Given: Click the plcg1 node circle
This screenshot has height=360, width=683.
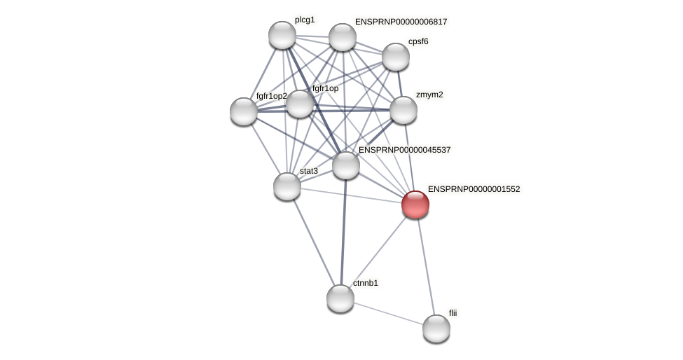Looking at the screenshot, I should pos(282,35).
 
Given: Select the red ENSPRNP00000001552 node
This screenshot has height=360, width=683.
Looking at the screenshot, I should pos(415,205).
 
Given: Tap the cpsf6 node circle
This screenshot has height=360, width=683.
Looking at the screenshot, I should pos(396,57).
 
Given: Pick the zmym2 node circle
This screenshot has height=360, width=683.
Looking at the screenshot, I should pos(403,110).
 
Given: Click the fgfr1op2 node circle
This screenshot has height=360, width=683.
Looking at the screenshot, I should pos(244,111).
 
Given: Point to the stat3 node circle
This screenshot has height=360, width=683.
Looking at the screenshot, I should pos(287,186).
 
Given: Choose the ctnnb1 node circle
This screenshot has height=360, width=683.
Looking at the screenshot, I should pos(340,298).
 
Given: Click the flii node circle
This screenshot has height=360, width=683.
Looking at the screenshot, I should pos(436,328).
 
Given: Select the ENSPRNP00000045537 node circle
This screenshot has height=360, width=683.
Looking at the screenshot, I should pos(346,165).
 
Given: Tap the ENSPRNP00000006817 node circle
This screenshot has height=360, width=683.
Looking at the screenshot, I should pos(343,37).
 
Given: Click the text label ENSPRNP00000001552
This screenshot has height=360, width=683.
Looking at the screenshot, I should pos(474,189).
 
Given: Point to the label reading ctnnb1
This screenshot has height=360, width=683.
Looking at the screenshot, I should pos(365,283).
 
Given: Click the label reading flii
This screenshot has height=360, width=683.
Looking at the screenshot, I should pos(453,313).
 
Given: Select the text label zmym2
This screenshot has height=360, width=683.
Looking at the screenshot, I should pos(429,95).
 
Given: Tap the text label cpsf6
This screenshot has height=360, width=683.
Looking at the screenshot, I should pos(418,41).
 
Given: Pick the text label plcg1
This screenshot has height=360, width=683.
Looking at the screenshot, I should pos(305,20).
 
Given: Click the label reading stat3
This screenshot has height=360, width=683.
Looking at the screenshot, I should pos(309,171).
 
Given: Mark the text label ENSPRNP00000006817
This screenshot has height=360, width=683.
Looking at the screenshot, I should pos(401,22).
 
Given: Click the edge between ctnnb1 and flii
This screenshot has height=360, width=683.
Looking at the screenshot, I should pos(388,313).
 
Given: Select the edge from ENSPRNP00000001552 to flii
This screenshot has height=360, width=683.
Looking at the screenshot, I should pos(426,267).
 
